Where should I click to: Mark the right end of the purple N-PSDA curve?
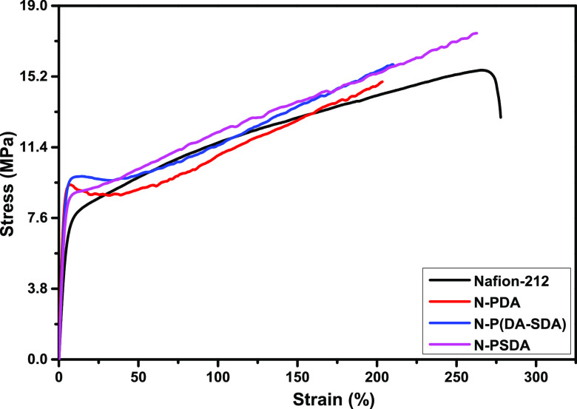click(x=477, y=33)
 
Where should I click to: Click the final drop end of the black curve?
click(x=501, y=117)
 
